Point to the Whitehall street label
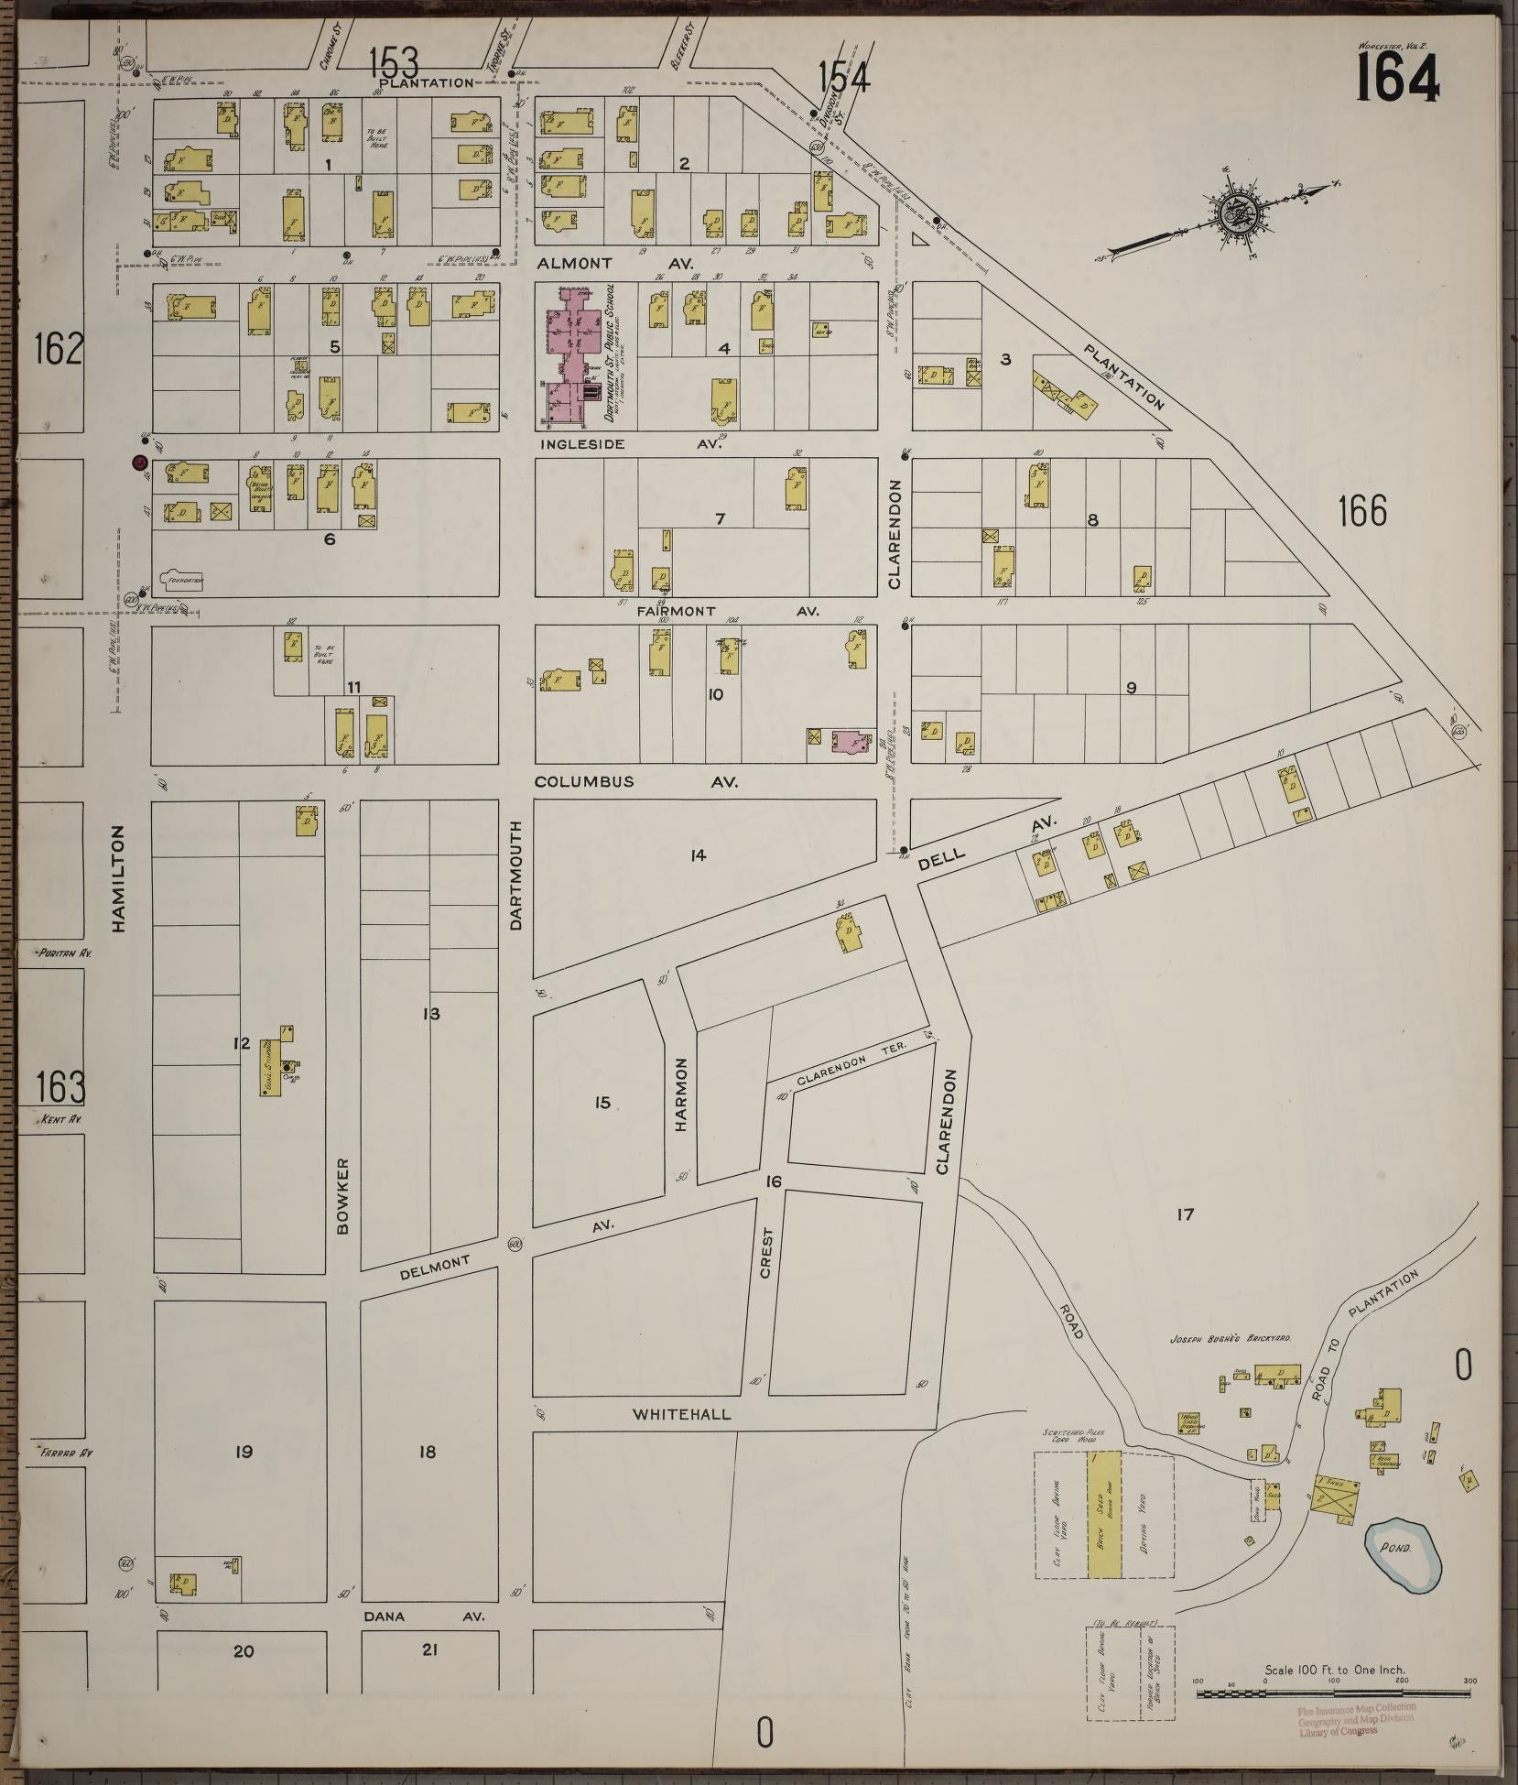681,1415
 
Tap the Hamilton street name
119,878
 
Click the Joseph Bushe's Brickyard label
1230,1339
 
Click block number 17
1185,1214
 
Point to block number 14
699,855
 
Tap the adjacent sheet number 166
1361,511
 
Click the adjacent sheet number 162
59,349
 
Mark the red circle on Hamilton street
139,463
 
